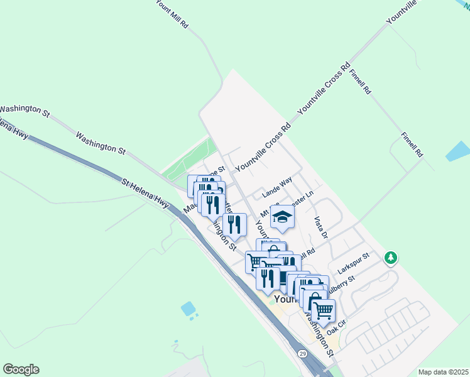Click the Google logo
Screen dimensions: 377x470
pos(21,369)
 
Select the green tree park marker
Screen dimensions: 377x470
pos(391,258)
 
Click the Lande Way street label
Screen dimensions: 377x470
pos(277,188)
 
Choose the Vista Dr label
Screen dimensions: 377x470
pos(320,227)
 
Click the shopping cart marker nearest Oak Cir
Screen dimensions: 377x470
pos(323,310)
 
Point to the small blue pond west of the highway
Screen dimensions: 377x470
pos(188,309)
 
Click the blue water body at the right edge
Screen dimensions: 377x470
pos(459,151)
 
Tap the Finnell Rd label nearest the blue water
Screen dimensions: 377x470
pos(412,145)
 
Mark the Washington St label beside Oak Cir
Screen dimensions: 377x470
pos(319,332)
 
